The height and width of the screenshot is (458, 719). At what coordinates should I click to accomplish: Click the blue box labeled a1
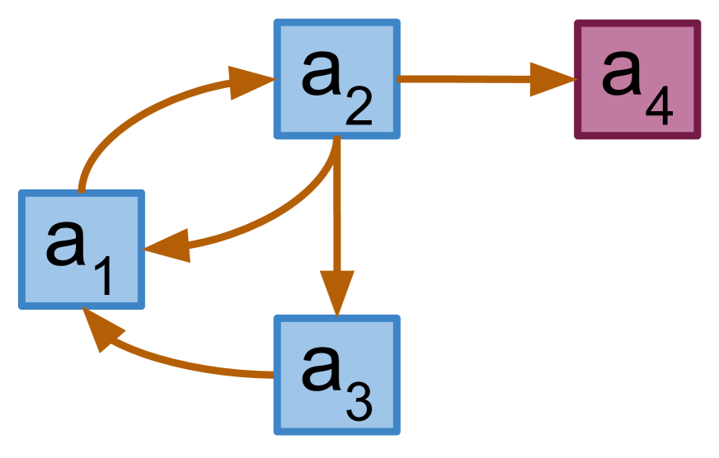[82, 250]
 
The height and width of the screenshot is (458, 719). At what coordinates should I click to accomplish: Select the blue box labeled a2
[336, 79]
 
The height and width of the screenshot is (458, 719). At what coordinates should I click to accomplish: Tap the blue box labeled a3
[336, 375]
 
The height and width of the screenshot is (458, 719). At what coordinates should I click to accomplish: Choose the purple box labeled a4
[637, 79]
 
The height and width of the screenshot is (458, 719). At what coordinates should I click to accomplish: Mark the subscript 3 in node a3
[359, 403]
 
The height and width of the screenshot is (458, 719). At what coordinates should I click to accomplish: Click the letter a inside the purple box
[622, 72]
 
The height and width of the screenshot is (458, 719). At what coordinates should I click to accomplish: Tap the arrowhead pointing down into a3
[336, 292]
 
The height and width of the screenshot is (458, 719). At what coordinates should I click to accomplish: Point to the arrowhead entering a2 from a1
[249, 81]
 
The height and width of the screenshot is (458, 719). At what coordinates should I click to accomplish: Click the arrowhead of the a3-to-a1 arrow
[100, 329]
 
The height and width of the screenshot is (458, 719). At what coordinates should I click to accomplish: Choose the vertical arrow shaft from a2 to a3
[336, 214]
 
